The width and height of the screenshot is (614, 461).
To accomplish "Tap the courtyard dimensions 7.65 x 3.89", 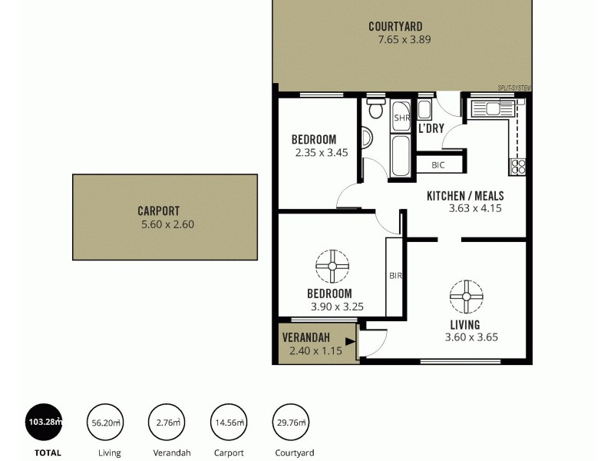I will tap(399, 40).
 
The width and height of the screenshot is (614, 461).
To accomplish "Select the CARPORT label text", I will tap(158, 211).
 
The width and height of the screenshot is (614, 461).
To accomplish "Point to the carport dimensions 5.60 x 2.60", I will tap(167, 224).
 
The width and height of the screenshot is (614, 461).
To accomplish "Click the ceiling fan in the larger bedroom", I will tap(332, 266).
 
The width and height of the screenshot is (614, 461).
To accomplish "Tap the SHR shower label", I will tap(401, 118).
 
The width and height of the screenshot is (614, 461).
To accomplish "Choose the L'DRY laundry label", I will tap(431, 128).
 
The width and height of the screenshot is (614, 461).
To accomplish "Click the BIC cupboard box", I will tap(439, 165).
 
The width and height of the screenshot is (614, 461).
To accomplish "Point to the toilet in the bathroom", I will tap(375, 110).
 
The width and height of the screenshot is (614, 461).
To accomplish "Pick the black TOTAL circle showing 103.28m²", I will tap(45, 422).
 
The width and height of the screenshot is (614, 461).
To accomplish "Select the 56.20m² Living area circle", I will tap(107, 422).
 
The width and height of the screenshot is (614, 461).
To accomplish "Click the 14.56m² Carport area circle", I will tap(229, 422).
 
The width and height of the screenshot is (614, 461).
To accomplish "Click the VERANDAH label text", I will tap(306, 338).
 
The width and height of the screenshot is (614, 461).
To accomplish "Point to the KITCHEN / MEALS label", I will tap(464, 195).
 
